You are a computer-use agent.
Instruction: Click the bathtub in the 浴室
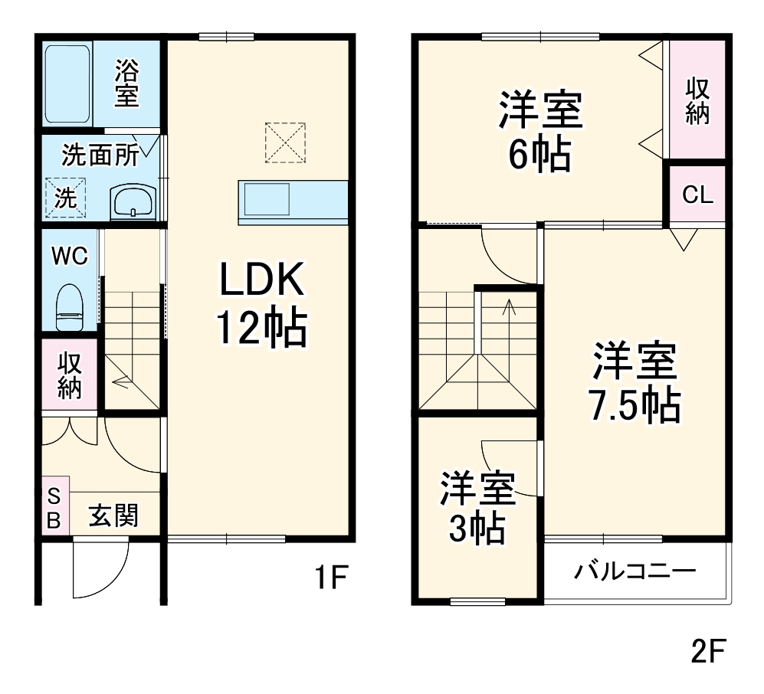(x=68, y=83)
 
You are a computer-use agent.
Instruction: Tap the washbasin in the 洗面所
(x=133, y=201)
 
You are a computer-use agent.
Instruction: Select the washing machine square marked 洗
(x=66, y=198)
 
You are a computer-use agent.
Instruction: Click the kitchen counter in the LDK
(x=293, y=202)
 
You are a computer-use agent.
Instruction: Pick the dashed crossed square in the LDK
(x=285, y=142)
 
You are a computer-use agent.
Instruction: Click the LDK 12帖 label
(x=262, y=305)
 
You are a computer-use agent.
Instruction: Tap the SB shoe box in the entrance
(x=54, y=506)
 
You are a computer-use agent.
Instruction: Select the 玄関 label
(x=114, y=516)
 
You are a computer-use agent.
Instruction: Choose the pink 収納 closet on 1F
(x=70, y=375)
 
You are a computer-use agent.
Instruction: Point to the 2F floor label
(x=707, y=652)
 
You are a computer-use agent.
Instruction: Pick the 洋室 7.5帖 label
(x=635, y=383)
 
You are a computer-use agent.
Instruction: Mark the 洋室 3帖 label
(x=476, y=508)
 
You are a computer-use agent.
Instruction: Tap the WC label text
(x=69, y=255)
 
